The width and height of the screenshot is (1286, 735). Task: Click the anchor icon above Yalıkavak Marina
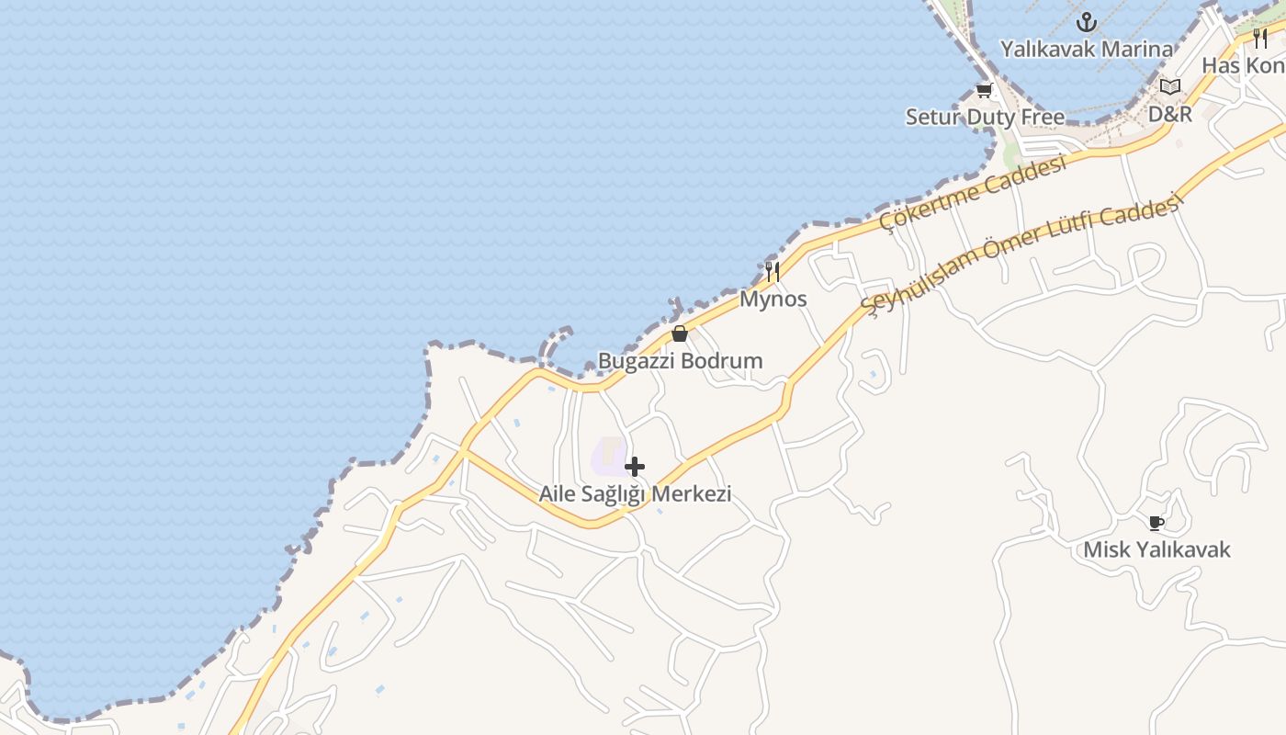click(x=1088, y=21)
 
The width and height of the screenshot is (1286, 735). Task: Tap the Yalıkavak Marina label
click(x=1087, y=50)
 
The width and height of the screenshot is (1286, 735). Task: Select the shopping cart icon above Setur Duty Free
click(x=985, y=90)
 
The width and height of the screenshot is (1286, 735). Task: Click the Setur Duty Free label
click(x=985, y=118)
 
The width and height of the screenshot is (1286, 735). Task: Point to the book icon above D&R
click(x=1169, y=87)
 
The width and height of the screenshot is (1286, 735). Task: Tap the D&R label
click(x=1169, y=114)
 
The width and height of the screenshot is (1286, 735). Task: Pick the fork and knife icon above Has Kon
click(x=1260, y=38)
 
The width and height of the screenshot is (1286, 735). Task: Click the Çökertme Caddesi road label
click(x=973, y=193)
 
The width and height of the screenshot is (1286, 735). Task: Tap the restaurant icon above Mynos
click(x=773, y=271)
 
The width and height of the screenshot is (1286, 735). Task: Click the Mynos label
click(x=773, y=299)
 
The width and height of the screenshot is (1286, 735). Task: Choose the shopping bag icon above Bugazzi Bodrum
click(x=680, y=334)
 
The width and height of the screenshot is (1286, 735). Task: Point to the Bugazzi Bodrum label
click(x=680, y=361)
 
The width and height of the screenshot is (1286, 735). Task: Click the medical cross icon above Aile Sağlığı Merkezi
click(x=635, y=467)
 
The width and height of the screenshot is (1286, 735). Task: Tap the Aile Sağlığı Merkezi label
click(x=635, y=494)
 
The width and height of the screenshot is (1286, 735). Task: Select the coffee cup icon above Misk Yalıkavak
click(x=1156, y=523)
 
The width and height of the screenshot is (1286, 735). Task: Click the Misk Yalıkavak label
click(x=1156, y=550)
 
